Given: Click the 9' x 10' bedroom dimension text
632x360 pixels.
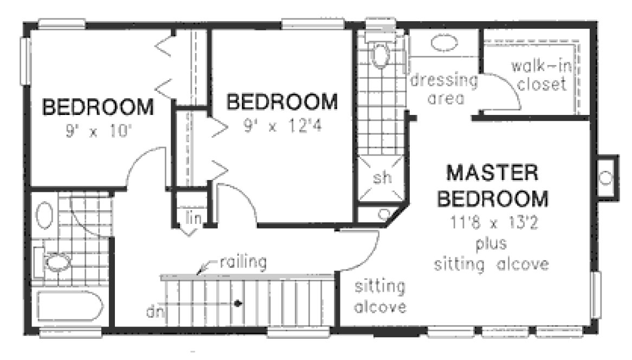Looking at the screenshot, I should pyautogui.click(x=98, y=131).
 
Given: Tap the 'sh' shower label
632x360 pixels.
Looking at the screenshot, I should pyautogui.click(x=381, y=178).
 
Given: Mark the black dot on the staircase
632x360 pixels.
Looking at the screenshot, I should pyautogui.click(x=237, y=303).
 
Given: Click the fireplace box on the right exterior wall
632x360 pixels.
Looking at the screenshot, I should pyautogui.click(x=605, y=178).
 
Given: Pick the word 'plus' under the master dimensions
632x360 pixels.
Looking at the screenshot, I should pyautogui.click(x=492, y=243).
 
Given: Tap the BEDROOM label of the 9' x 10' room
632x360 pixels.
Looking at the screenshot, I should pyautogui.click(x=98, y=107).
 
